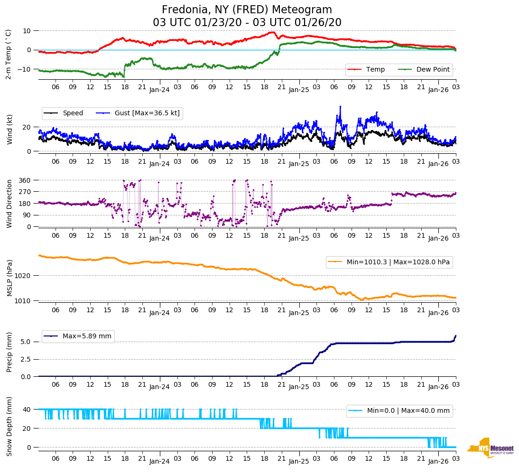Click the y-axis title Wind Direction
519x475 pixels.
[x=9, y=204]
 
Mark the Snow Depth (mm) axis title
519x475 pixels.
[x=9, y=426]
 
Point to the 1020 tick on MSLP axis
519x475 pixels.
[x=23, y=276]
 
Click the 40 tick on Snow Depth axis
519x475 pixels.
[x=27, y=409]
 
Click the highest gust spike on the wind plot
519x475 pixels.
[x=340, y=107]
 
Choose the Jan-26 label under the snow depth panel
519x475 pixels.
[x=438, y=461]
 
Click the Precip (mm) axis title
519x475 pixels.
[x=9, y=354]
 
